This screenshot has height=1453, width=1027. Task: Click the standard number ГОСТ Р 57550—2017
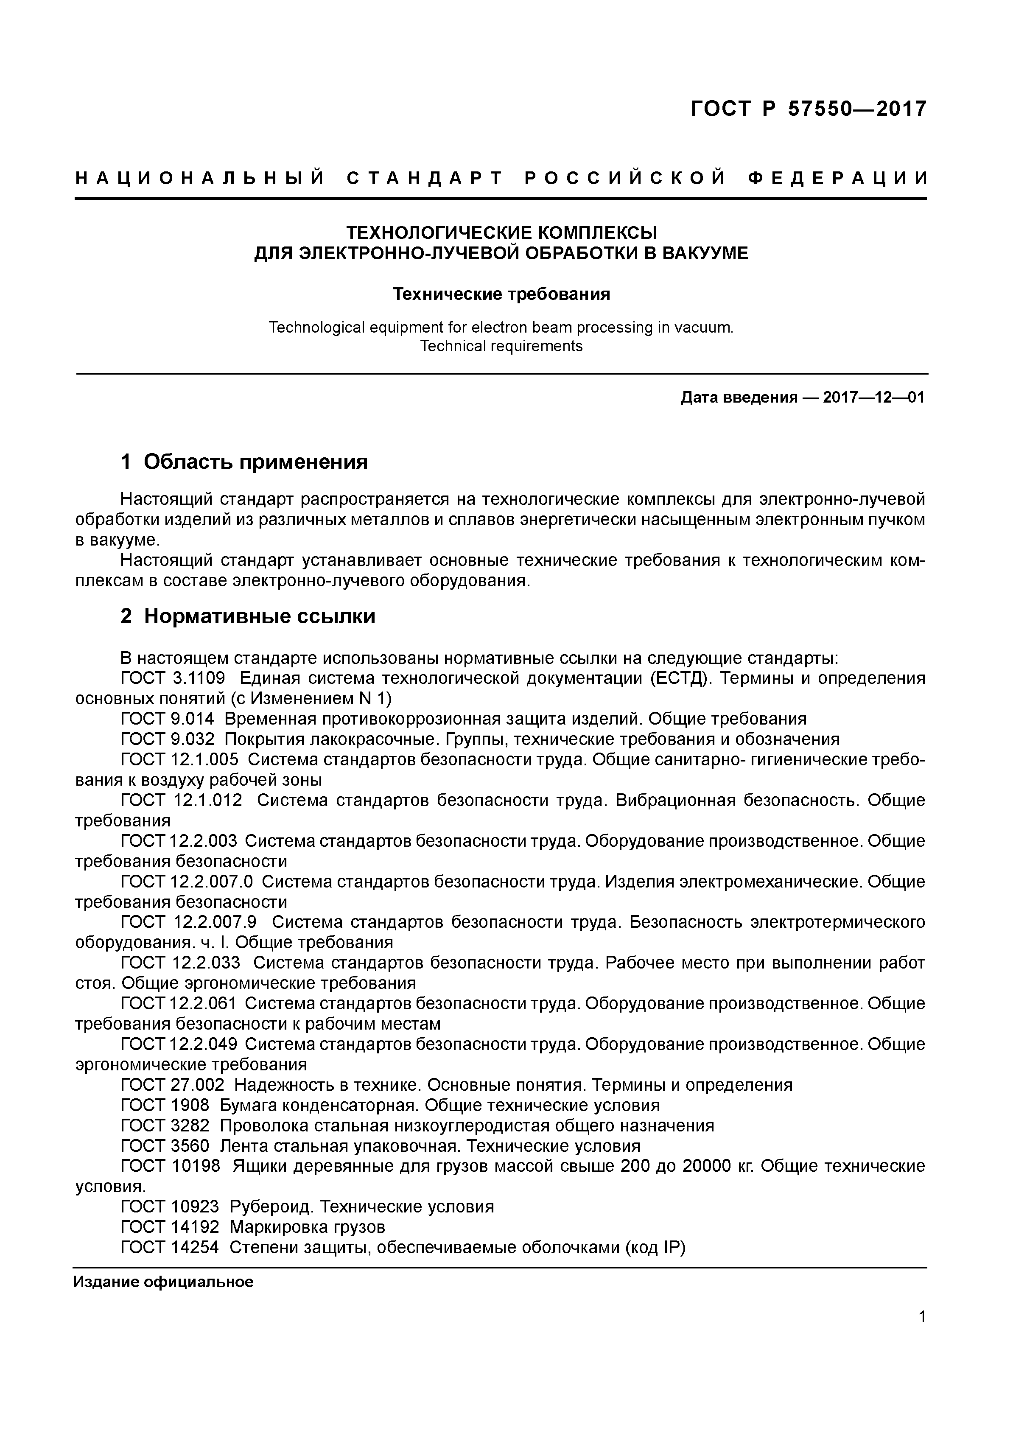808,109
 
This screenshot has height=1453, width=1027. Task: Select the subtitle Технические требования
501,294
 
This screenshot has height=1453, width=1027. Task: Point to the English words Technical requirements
501,346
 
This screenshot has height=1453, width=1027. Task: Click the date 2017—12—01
874,398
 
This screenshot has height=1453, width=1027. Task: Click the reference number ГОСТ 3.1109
172,678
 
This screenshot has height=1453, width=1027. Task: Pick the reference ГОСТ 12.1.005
179,759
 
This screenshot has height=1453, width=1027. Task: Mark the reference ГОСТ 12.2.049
179,1044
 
